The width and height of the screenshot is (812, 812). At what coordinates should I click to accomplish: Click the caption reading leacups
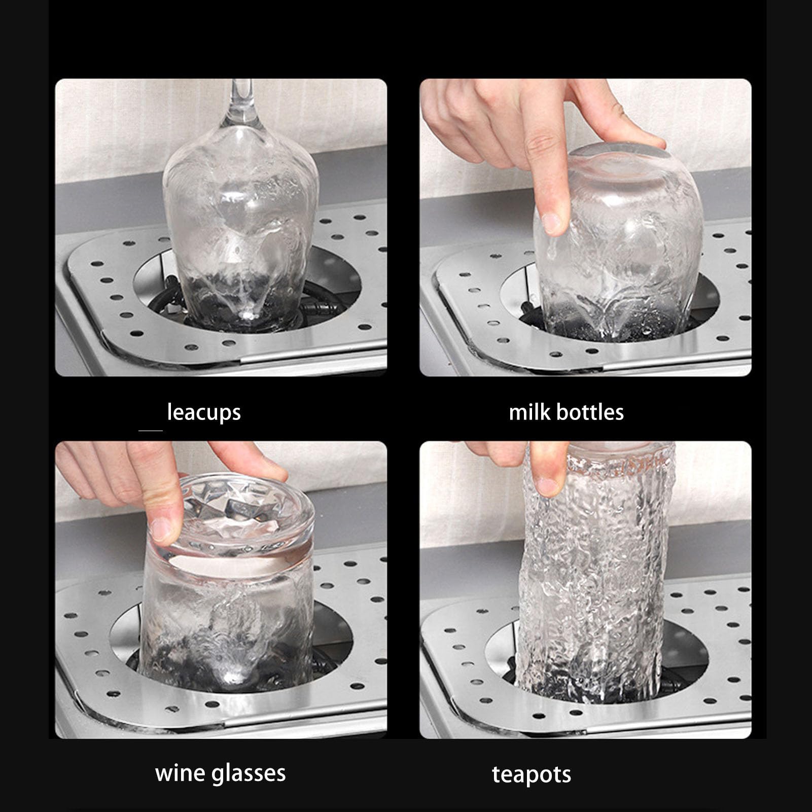coord(204,412)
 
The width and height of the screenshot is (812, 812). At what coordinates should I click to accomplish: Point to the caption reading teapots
coord(531,775)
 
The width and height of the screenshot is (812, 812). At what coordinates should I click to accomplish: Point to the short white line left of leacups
coord(150,431)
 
